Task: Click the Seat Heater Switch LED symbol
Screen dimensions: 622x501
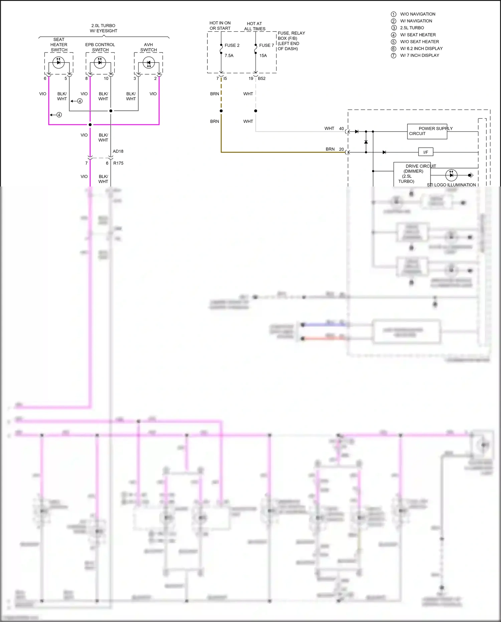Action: point(58,62)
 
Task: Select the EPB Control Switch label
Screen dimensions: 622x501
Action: point(100,47)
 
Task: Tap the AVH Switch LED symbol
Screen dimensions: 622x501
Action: point(148,63)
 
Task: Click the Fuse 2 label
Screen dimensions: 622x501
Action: point(232,45)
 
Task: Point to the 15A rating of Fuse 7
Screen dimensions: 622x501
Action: point(263,56)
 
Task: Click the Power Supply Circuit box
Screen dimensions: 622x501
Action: point(427,131)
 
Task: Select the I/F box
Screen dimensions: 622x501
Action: point(426,152)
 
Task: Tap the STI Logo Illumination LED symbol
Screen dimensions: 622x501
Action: point(451,175)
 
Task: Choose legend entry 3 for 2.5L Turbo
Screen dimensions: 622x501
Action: point(412,28)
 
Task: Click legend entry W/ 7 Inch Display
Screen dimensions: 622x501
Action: point(420,55)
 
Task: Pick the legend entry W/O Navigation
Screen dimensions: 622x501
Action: point(417,14)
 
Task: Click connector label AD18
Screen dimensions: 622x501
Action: point(118,151)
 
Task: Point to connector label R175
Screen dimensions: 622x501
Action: point(118,163)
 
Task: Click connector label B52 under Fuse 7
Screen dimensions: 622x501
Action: point(262,79)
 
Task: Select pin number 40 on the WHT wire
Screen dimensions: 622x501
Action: point(341,128)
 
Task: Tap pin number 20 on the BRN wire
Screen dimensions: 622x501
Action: point(341,149)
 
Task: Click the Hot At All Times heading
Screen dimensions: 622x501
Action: point(255,26)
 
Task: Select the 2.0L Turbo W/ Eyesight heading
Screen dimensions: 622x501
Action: point(104,28)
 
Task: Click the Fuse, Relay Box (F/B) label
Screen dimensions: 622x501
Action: point(291,41)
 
